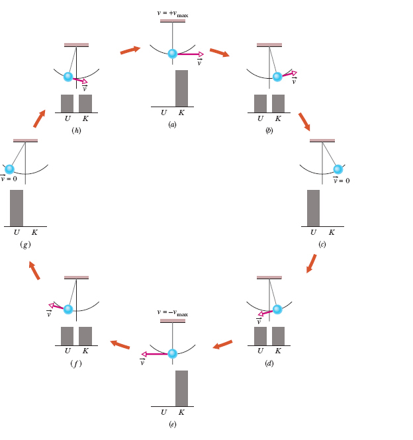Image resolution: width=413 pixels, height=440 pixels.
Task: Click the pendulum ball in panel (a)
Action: click(172, 54)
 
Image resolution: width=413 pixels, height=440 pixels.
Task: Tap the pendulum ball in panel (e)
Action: click(172, 353)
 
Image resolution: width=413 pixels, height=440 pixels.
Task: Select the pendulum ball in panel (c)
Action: click(338, 169)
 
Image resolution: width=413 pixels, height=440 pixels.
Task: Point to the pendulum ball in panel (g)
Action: click(9, 169)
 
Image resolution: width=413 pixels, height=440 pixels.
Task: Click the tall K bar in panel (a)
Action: click(181, 88)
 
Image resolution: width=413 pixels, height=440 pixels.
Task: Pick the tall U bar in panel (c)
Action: click(313, 208)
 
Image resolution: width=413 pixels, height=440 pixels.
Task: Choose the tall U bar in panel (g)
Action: click(17, 208)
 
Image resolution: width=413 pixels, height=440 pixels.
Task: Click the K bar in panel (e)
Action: click(181, 388)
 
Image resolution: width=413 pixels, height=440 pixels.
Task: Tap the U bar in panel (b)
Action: click(260, 103)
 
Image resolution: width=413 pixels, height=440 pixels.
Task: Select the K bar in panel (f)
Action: click(85, 335)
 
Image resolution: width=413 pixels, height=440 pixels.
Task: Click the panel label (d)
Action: click(269, 363)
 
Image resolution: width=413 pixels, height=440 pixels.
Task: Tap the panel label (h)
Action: click(76, 130)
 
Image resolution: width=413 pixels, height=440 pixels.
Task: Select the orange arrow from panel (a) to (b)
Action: click(220, 52)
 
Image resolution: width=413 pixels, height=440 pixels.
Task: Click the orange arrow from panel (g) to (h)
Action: click(39, 118)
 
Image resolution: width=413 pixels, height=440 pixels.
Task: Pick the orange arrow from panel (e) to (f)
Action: click(120, 344)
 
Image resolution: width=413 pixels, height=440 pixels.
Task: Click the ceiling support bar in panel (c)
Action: click(322, 140)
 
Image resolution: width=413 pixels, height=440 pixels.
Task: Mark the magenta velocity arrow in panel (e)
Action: click(155, 354)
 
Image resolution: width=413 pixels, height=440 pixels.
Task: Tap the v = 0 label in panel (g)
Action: click(9, 179)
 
